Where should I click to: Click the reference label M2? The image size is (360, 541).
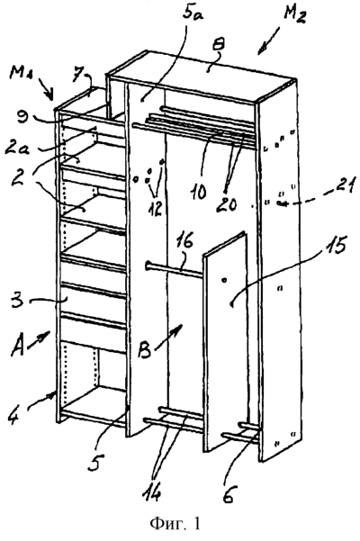pos(295,14)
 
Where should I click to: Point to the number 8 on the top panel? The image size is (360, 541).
pos(211,63)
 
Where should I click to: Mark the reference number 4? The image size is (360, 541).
pos(16,419)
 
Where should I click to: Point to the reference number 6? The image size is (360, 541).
pos(229,495)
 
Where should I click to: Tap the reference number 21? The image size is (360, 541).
pos(344,188)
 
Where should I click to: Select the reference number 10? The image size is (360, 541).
pos(197,191)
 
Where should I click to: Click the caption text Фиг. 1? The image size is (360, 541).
pos(175,524)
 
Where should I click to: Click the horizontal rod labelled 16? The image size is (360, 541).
pos(175,270)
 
